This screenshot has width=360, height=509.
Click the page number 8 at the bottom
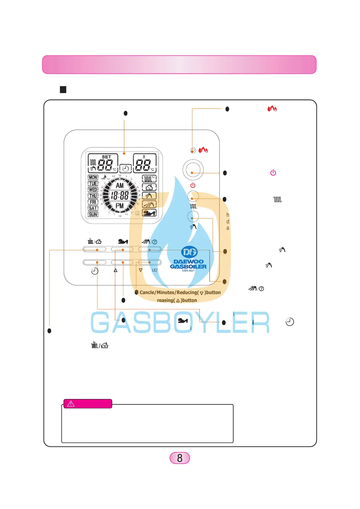[180, 458]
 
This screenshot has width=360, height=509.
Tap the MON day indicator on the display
[93, 177]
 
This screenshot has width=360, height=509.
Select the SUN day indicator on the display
[93, 214]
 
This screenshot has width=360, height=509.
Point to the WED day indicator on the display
[93, 190]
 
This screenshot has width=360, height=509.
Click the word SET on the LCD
[106, 157]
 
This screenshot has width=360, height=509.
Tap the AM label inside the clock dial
[120, 186]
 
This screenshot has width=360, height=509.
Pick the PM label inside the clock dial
[120, 206]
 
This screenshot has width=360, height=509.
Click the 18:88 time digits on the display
[120, 196]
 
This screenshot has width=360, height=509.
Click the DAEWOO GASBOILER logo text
[188, 264]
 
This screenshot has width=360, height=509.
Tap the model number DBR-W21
[188, 271]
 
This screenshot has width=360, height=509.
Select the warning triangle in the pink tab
[71, 404]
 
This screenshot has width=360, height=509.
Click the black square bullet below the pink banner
[63, 89]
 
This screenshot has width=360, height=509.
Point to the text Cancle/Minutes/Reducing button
[180, 293]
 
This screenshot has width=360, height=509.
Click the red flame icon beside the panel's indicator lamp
[203, 150]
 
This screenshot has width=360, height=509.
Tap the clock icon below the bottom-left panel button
[95, 271]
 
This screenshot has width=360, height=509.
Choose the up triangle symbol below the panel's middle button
[116, 270]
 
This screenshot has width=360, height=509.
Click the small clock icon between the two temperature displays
[126, 168]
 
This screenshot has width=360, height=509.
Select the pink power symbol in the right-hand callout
[273, 173]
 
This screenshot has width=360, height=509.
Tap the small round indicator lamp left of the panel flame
[193, 150]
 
